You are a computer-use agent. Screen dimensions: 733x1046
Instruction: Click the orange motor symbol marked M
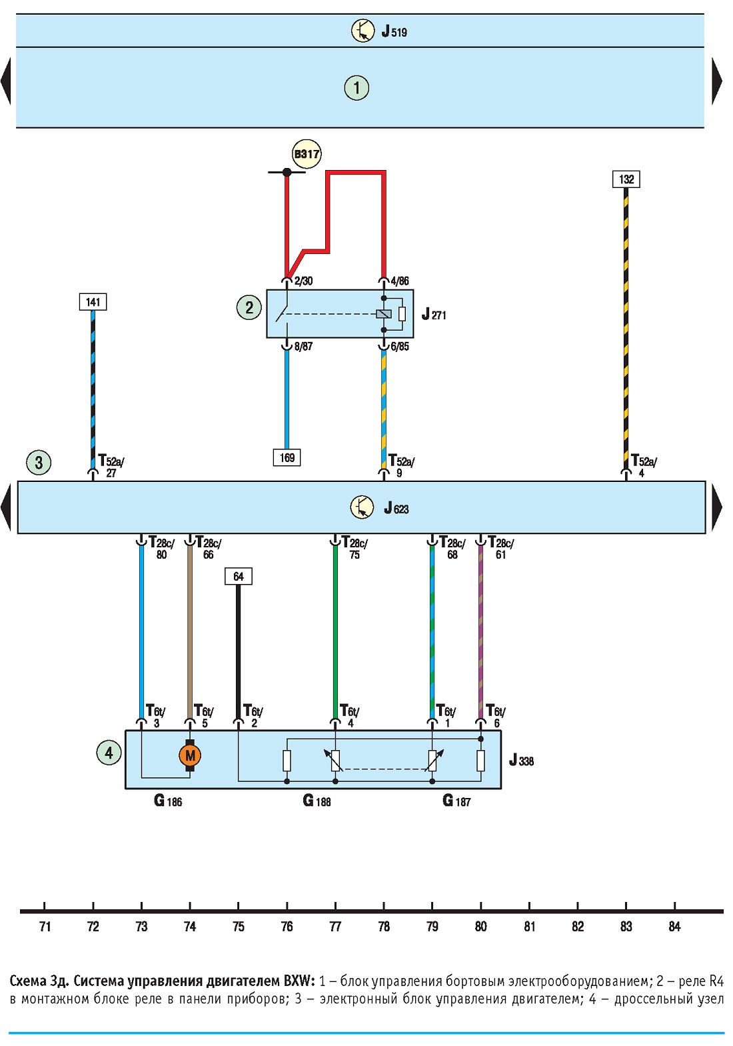point(189,755)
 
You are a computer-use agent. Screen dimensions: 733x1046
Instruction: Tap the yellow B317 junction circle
point(307,153)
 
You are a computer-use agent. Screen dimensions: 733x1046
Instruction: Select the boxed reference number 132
point(626,179)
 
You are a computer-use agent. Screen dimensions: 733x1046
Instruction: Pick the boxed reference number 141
point(93,301)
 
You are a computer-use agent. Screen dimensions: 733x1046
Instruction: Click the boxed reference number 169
point(287,457)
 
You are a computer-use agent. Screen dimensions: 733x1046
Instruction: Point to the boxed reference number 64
point(238,576)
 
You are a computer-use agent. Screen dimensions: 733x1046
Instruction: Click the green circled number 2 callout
point(249,307)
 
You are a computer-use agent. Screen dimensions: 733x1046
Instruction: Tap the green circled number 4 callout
point(109,753)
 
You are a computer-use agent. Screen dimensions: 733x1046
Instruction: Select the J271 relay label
point(434,314)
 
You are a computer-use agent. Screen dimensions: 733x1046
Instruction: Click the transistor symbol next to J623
point(362,507)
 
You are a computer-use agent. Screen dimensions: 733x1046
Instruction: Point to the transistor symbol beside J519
point(363,31)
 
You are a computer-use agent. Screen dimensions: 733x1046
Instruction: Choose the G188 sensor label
point(317,801)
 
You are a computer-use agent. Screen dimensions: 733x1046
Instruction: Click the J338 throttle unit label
point(521,760)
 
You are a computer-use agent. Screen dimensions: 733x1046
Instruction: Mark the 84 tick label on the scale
point(674,927)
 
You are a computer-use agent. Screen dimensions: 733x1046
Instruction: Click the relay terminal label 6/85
point(400,347)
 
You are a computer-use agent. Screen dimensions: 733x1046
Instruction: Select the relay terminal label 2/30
point(303,281)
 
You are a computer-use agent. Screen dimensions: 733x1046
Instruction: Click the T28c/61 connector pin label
point(500,547)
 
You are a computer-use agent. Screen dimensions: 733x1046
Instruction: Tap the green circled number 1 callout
point(357,88)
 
